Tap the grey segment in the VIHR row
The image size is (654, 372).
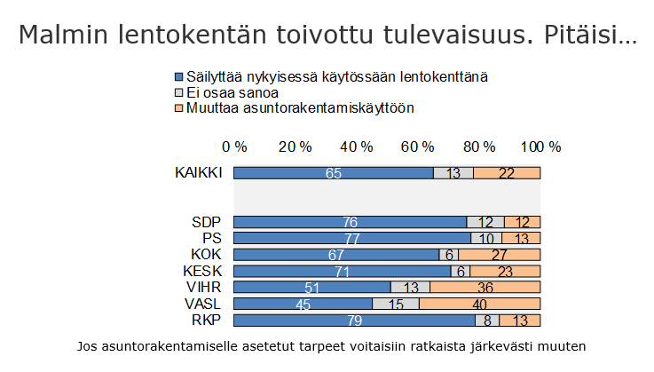coord(410,287)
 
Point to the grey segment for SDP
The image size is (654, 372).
coord(485,222)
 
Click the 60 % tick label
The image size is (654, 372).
coord(417,146)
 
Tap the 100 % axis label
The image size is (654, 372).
coord(540,146)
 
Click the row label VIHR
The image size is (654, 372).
coord(205,287)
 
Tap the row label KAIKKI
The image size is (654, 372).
coord(197,173)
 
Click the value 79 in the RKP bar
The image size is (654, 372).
coord(355,320)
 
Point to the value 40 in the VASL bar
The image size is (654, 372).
coord(479,304)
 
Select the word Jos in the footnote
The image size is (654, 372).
coord(89,344)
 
